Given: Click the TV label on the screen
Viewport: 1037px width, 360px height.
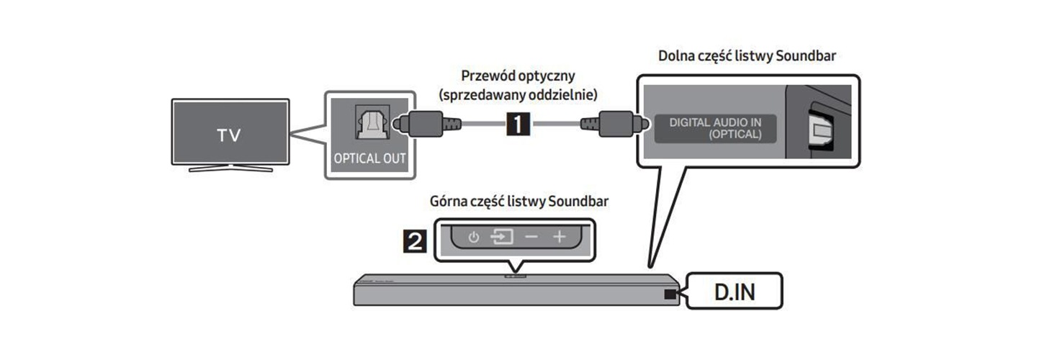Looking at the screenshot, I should click(x=229, y=135).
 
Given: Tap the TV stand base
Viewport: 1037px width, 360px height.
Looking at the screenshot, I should click(x=230, y=169).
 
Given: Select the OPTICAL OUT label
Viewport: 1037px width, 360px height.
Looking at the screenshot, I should click(x=369, y=158).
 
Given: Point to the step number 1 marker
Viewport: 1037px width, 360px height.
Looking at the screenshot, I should click(x=519, y=125).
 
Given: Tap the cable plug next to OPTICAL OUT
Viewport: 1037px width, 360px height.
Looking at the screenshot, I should click(x=425, y=124).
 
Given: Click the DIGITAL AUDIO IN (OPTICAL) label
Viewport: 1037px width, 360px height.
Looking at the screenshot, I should click(x=715, y=128).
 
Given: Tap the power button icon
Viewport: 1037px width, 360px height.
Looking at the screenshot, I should click(x=473, y=237).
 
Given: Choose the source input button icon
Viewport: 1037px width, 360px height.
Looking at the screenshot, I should click(x=501, y=237).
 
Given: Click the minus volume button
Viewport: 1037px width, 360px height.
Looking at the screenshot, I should click(x=531, y=237).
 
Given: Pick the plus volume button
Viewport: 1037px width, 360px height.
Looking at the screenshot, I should click(x=560, y=237).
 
